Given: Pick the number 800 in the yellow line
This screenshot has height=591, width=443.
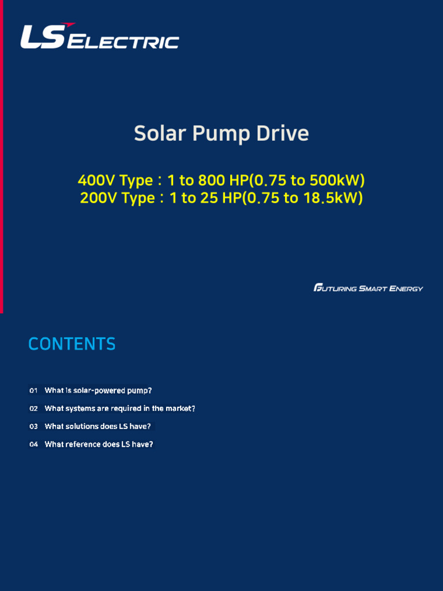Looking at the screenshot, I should pos(212,181).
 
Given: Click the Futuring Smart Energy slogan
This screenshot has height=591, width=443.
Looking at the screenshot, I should pos(368,288).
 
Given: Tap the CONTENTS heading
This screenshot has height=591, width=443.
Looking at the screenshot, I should pos(72,344).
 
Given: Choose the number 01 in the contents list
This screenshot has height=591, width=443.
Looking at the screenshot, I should pos(33,391).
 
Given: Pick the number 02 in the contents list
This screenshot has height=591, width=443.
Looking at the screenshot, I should pos(33,409).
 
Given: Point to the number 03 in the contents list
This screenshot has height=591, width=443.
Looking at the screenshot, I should pos(33,427).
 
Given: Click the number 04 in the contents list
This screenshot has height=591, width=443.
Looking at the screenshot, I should pos(33,444).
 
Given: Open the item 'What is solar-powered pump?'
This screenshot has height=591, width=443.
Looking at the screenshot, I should pos(98,391).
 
